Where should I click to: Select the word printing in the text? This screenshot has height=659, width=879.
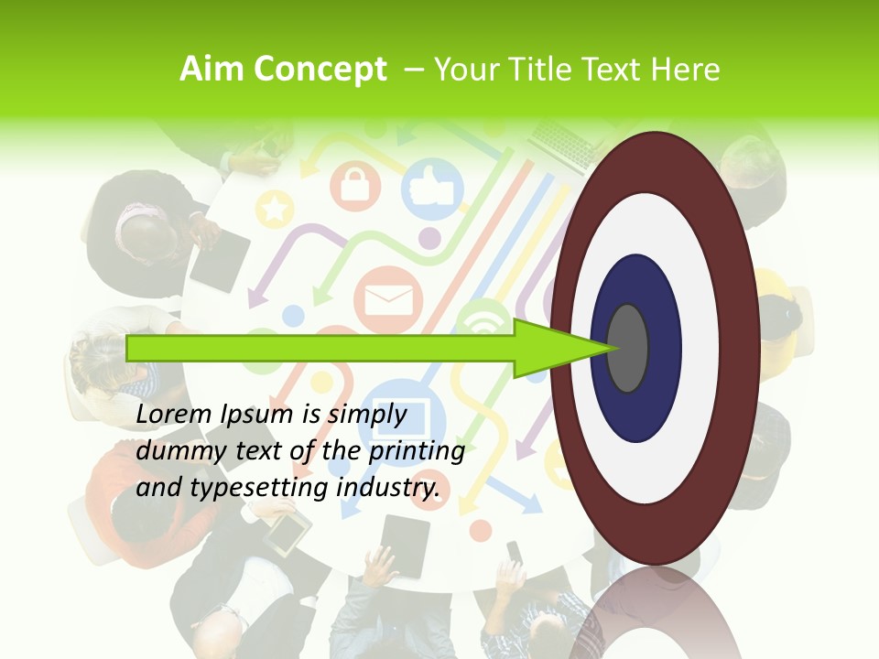(x=414, y=451)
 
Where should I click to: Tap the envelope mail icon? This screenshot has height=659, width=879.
(x=389, y=298)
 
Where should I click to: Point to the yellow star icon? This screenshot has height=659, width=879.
(x=273, y=210)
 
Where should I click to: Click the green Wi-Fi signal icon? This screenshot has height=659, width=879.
(x=483, y=320)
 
